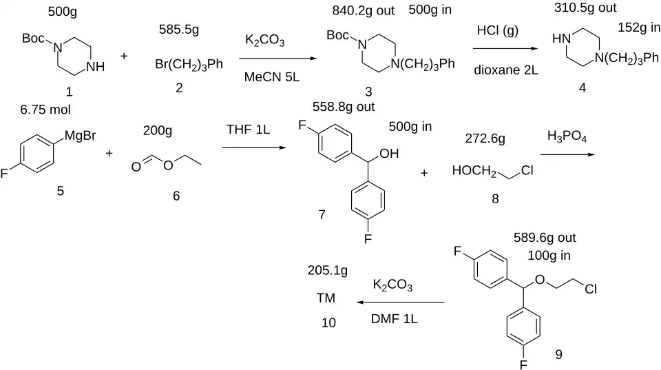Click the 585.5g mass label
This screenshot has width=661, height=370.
(x=179, y=30)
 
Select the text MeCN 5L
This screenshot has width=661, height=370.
(x=272, y=76)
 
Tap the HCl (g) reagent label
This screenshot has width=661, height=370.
(x=497, y=31)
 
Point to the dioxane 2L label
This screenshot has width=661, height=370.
(x=506, y=70)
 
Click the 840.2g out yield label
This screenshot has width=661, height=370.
(x=364, y=10)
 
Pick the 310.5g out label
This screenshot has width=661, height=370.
(x=585, y=8)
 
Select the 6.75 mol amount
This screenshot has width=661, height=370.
(x=45, y=110)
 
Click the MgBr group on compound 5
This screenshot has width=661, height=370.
(x=80, y=136)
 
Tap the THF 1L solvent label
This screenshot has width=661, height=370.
(x=248, y=129)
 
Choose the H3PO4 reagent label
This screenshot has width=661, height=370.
(x=567, y=136)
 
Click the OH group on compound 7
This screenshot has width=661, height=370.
(x=389, y=154)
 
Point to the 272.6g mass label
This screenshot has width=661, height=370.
(x=485, y=138)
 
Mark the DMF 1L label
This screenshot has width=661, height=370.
(x=394, y=319)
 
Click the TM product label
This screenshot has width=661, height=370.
(x=326, y=298)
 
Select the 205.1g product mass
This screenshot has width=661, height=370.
(x=328, y=270)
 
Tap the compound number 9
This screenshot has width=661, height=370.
(x=558, y=354)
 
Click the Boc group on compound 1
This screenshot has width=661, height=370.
(x=33, y=39)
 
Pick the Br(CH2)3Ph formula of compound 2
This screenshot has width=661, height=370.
(x=189, y=65)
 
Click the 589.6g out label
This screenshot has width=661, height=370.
(x=544, y=238)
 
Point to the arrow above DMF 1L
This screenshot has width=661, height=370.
(x=401, y=302)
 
